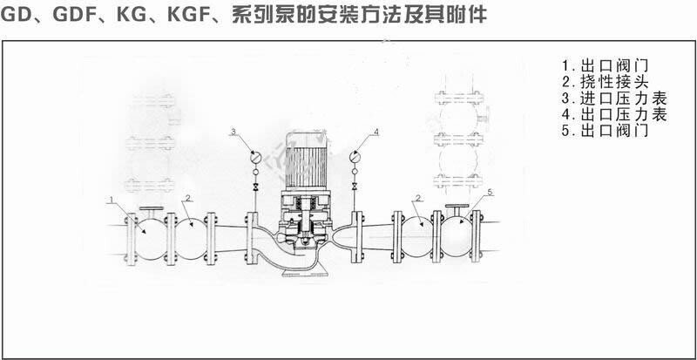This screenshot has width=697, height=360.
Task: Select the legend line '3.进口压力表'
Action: point(614,98)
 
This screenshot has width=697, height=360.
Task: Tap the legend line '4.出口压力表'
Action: point(614,115)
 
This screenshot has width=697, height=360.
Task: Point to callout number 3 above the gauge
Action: point(233,131)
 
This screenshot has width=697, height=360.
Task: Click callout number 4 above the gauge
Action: point(376,131)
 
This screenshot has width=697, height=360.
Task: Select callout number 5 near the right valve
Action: point(491,192)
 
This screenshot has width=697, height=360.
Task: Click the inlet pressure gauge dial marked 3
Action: point(255,157)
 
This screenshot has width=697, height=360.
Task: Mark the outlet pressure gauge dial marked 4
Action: point(355,157)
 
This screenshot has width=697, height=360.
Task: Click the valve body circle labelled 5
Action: point(457,236)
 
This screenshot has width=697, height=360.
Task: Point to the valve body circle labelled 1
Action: point(151,240)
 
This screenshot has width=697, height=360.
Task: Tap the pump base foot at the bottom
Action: point(306,272)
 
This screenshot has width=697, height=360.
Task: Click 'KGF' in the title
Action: point(193,15)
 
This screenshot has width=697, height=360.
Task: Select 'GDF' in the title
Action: point(73,15)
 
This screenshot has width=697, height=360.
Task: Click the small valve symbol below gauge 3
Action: point(255,187)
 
